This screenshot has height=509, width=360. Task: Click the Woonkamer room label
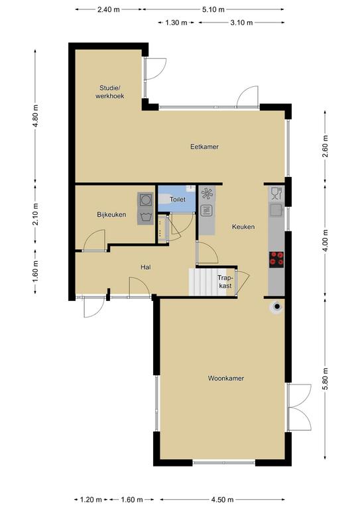226,378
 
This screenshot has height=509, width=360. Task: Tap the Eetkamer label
204,146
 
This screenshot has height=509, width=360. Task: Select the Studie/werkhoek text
109,92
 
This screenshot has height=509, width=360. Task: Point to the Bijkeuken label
111,215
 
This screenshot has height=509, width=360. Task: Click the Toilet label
178,199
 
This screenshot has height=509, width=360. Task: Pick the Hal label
146,268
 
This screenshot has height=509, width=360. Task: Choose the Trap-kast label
225,282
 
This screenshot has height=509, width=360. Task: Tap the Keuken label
243,227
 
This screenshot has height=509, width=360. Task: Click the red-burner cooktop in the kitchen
276,260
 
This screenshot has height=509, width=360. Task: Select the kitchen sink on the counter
276,210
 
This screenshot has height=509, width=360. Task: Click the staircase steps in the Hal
208,282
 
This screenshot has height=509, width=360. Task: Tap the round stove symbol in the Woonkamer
276,306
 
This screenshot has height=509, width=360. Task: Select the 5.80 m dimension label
326,380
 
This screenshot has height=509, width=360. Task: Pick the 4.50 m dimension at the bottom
222,499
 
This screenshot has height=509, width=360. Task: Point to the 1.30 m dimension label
176,23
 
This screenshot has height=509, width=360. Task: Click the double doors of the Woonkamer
299,408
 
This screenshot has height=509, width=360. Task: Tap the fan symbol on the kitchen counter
207,194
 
